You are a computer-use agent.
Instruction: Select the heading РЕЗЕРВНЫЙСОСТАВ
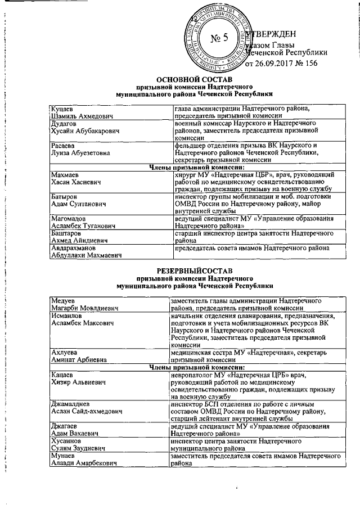[x=193, y=272]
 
